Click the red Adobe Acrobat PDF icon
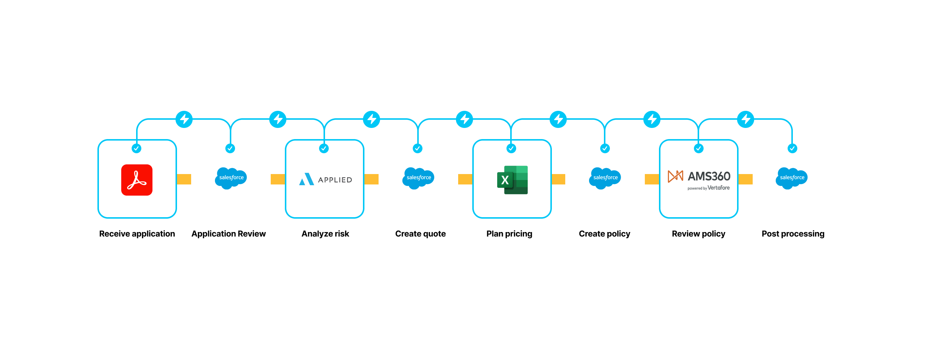137,180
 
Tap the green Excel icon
512,180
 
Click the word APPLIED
335,180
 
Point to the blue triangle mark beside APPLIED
306,179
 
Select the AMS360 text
709,176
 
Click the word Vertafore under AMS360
718,188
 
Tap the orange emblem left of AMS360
675,176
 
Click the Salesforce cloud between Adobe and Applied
231,178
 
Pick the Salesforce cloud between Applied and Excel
418,178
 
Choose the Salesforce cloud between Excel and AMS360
605,178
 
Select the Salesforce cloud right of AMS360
792,178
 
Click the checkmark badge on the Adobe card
136,148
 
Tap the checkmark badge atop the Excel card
511,148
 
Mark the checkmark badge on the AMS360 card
699,148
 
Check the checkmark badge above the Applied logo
324,148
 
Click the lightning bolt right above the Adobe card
184,119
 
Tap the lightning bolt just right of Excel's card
558,119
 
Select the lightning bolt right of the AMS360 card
746,119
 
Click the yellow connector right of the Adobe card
184,179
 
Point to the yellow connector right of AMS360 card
746,179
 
